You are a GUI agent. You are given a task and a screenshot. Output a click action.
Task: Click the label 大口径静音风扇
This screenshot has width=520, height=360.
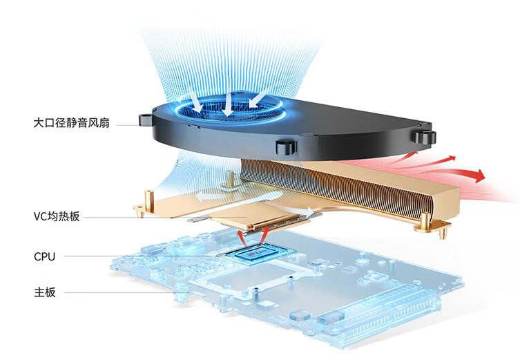(x=70, y=124)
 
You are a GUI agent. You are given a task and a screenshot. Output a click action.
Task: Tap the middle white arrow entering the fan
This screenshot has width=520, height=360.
(x=226, y=103)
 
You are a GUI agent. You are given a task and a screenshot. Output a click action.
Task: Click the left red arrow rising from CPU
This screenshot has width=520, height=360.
(x=241, y=235)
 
